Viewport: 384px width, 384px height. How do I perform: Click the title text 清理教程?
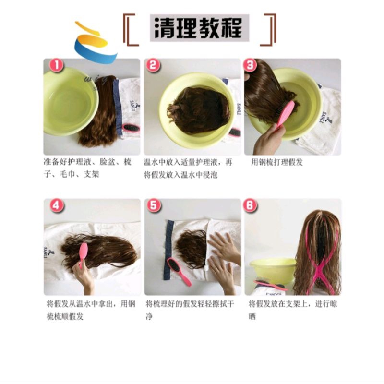pyautogui.click(x=198, y=28)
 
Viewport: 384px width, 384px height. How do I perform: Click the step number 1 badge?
pyautogui.click(x=57, y=66)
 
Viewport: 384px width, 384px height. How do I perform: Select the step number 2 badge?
pyautogui.click(x=153, y=65)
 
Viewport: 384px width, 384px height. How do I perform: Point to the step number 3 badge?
pyautogui.click(x=250, y=65)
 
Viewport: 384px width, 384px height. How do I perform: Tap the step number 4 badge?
pyautogui.click(x=56, y=205)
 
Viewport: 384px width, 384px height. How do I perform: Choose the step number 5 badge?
pyautogui.click(x=154, y=205)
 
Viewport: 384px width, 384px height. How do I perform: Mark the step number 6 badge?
pyautogui.click(x=250, y=205)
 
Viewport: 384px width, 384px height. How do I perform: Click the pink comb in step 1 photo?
pyautogui.click(x=131, y=128)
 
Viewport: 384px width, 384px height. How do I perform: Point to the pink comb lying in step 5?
pyautogui.click(x=179, y=272)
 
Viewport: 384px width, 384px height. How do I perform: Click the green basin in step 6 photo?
pyautogui.click(x=273, y=271)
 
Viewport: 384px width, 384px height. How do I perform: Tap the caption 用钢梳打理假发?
pyautogui.click(x=277, y=162)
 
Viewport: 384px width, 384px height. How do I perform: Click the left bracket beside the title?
pyautogui.click(x=131, y=30)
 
